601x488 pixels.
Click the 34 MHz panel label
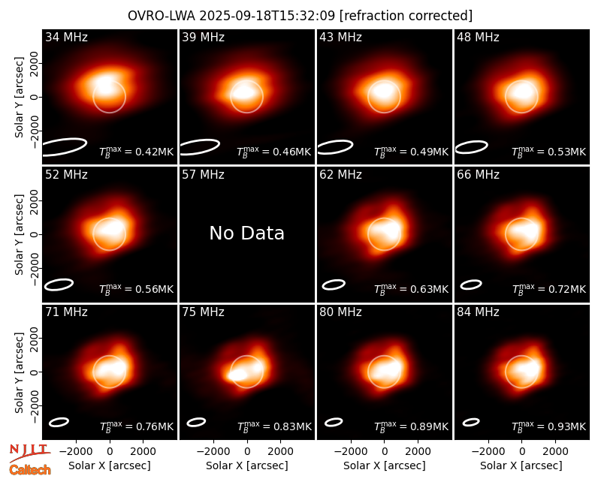point(66,37)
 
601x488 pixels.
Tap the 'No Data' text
point(247,233)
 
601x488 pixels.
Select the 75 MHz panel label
point(203,312)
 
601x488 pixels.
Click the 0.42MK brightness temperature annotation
point(149,152)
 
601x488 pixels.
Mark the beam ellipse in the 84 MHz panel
point(471,422)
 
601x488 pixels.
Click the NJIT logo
point(30,452)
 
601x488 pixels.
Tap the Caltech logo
point(30,470)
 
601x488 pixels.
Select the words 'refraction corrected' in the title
point(406,16)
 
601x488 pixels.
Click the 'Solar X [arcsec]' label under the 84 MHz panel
point(521,465)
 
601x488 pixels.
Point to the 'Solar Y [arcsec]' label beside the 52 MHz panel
point(19,234)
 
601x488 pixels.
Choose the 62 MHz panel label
point(341,175)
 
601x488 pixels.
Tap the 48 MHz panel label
point(478,37)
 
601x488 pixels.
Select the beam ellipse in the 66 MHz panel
point(471,285)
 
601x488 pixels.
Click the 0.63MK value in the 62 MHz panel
point(424,289)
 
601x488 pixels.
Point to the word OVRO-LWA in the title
point(162,16)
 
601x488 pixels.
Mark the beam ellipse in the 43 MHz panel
point(335,147)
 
